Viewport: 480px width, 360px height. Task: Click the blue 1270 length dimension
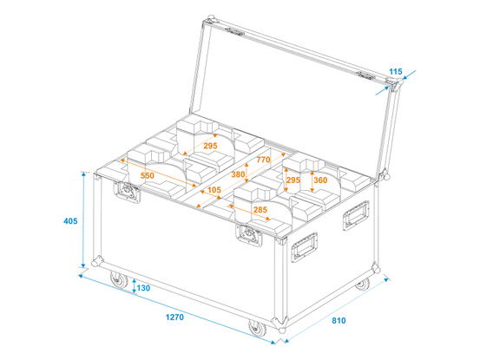point(174,317)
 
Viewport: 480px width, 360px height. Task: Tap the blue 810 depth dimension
point(339,321)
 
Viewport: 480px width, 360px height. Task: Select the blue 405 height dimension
point(70,220)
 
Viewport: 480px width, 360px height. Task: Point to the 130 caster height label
point(143,288)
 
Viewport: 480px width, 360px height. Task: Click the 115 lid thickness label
point(396,72)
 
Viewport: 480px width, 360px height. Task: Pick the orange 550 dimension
point(148,175)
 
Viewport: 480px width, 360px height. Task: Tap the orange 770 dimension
point(264,160)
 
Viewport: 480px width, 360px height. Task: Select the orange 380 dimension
point(238,174)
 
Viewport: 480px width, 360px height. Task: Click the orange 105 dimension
point(214,190)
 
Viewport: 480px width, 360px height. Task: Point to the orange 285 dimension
point(260,210)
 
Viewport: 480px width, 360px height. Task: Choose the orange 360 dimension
point(320,180)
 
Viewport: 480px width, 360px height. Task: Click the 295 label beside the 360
point(293,180)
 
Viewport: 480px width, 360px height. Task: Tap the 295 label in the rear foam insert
point(210,146)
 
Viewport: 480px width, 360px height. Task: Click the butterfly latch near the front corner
point(249,235)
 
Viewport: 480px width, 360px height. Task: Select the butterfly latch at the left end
point(127,192)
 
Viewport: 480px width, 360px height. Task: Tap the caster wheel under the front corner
point(257,328)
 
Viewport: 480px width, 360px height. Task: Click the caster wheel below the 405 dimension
point(119,279)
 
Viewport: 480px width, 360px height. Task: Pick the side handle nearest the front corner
point(304,247)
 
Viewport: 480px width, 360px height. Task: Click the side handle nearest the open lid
point(356,215)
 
